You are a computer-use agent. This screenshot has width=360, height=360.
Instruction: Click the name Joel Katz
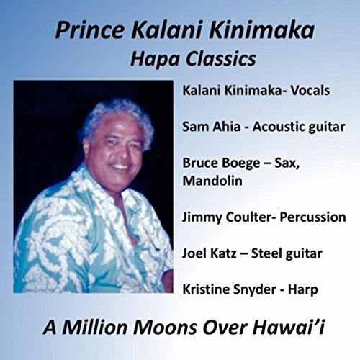tap(208, 253)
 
